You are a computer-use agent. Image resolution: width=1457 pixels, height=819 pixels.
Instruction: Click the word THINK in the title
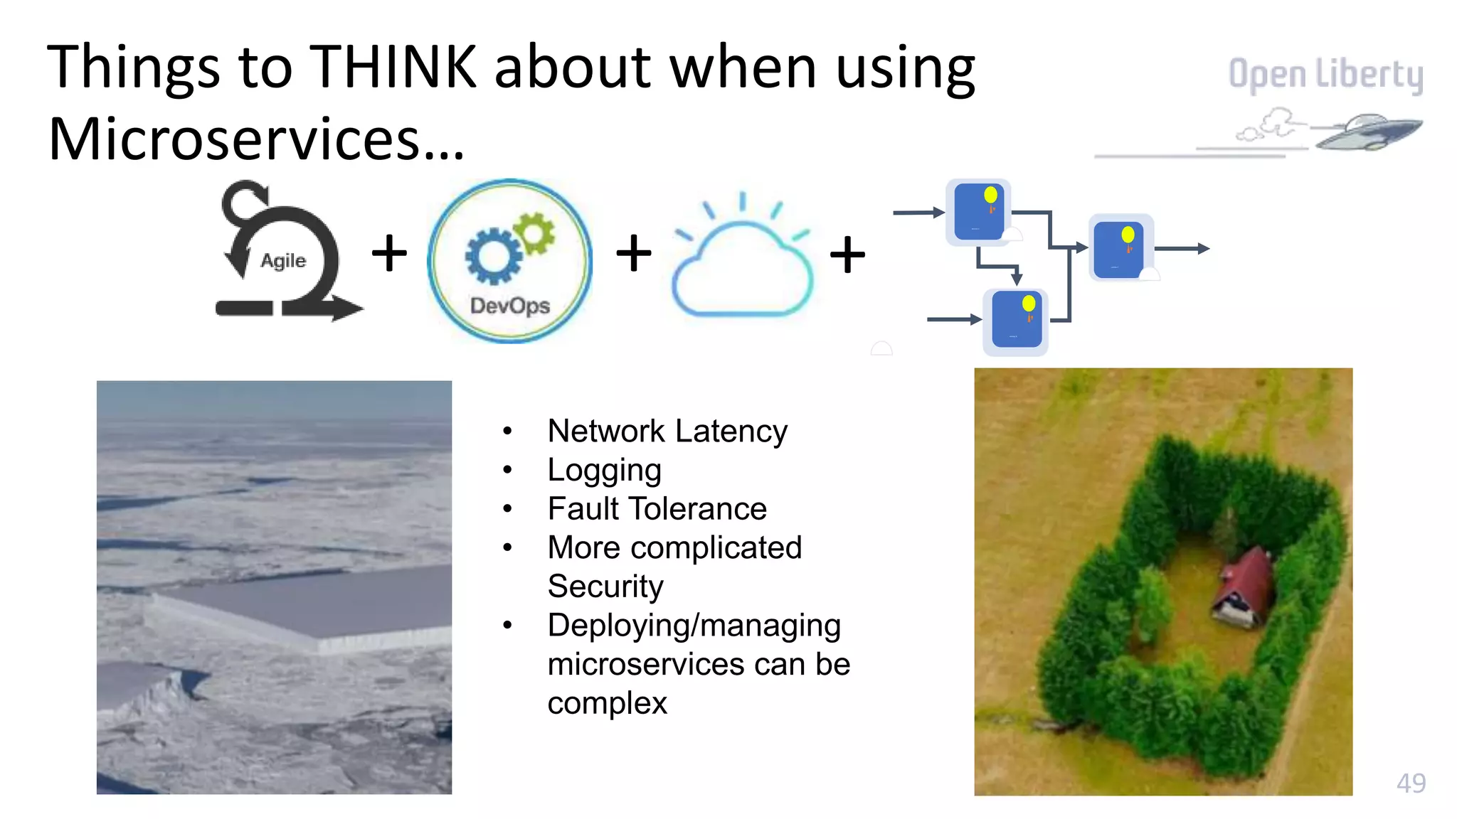[393, 68]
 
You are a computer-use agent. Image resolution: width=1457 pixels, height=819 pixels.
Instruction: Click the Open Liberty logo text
[1325, 74]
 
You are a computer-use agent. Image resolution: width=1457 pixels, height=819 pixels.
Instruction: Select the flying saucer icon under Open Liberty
[1367, 132]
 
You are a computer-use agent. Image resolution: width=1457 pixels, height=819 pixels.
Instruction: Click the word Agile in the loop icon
[283, 261]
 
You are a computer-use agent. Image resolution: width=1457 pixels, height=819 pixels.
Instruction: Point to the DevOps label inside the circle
[510, 306]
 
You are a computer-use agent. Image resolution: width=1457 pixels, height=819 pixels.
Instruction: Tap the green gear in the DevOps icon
[534, 232]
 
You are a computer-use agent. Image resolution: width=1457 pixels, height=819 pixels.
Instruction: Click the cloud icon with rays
[742, 267]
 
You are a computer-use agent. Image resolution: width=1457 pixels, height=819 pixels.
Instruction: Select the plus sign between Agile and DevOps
[389, 253]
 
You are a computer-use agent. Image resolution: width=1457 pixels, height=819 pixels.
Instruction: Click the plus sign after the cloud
[847, 255]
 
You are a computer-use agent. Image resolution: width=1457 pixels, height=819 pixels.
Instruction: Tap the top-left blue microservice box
[978, 212]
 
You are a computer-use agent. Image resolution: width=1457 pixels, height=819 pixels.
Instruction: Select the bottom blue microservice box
[1016, 321]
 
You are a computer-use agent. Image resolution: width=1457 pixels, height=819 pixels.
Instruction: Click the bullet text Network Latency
[667, 431]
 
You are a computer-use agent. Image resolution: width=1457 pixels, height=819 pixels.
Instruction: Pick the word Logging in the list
[604, 470]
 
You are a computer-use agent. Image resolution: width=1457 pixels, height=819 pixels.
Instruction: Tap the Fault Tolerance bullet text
[657, 509]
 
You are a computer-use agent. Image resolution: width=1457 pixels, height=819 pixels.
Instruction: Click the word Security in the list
[605, 587]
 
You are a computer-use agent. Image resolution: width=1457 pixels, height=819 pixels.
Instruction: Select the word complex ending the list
[607, 703]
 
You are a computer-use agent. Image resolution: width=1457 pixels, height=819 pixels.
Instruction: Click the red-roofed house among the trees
[1244, 587]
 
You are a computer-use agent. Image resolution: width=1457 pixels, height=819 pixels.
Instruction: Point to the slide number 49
[1410, 783]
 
